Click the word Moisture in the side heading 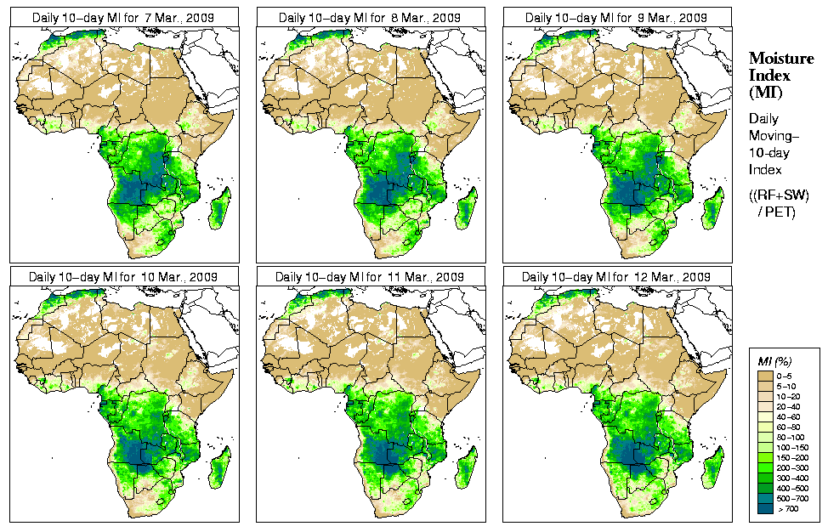pos(774,58)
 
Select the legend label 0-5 pos(787,375)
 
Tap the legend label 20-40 pos(790,406)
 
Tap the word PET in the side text pos(782,212)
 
